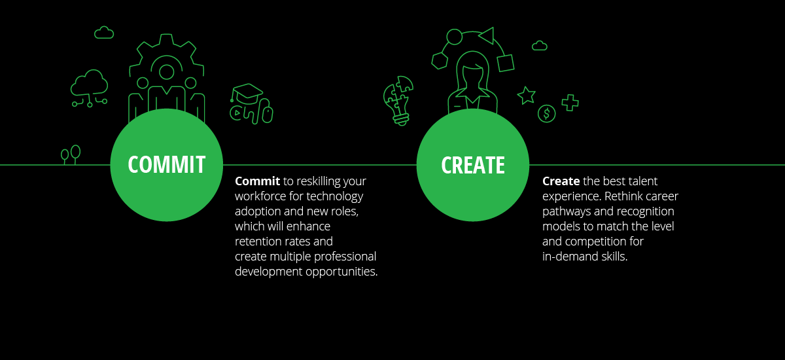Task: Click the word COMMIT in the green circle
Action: tap(166, 164)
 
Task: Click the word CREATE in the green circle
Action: tap(473, 165)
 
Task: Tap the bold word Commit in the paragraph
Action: tap(257, 181)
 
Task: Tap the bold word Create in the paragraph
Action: tap(561, 181)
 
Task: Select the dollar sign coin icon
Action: tap(546, 114)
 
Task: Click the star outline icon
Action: tap(527, 95)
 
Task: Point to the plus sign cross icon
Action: tap(570, 103)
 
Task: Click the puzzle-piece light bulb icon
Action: tap(399, 101)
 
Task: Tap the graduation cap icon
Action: tap(247, 92)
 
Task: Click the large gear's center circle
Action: tap(166, 72)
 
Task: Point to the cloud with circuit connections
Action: tap(90, 88)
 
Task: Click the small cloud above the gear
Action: tap(104, 33)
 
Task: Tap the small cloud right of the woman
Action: tap(539, 46)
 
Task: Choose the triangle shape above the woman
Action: tap(487, 36)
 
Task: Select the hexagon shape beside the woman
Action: tap(440, 61)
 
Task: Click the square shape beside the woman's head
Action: tap(505, 63)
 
